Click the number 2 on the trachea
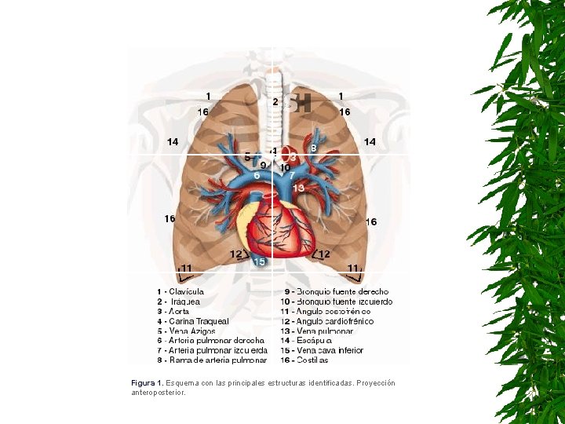click(275, 101)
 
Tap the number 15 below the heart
click(259, 261)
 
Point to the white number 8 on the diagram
click(314, 148)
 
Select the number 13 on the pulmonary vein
click(298, 188)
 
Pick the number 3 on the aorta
click(293, 157)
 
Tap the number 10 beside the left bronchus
click(285, 167)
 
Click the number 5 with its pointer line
click(248, 157)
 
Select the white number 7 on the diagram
click(292, 176)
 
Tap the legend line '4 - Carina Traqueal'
click(192, 321)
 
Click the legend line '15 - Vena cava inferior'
click(324, 350)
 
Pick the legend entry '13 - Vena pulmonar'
click(319, 331)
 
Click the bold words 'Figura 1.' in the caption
click(148, 383)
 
